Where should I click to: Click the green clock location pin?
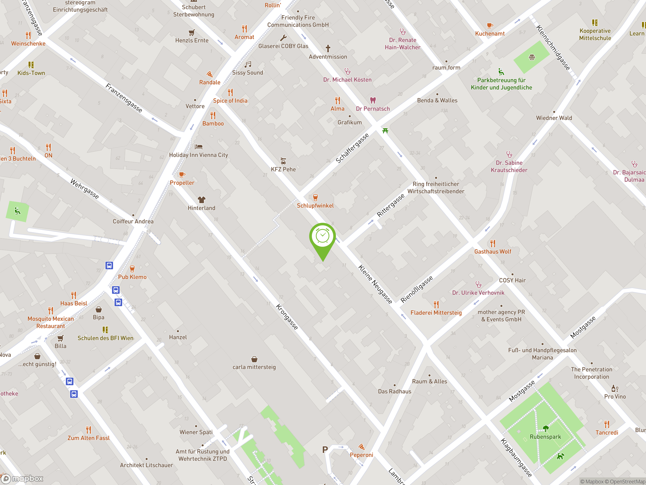tap(322, 236)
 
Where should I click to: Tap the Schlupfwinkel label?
tap(315, 206)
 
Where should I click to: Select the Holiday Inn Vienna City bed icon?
tap(199, 147)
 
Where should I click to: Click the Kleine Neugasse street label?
tap(375, 284)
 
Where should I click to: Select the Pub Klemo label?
tap(132, 277)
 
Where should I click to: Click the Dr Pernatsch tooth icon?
tap(373, 100)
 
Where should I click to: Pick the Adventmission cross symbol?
tap(328, 48)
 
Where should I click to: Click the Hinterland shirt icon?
tap(202, 200)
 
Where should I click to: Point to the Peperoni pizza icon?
tap(362, 446)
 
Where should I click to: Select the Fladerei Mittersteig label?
tap(436, 312)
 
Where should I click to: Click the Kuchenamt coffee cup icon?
tap(490, 26)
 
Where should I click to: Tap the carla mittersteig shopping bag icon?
tap(254, 359)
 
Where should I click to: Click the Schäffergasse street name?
tap(352, 148)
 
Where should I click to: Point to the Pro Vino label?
tap(615, 396)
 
